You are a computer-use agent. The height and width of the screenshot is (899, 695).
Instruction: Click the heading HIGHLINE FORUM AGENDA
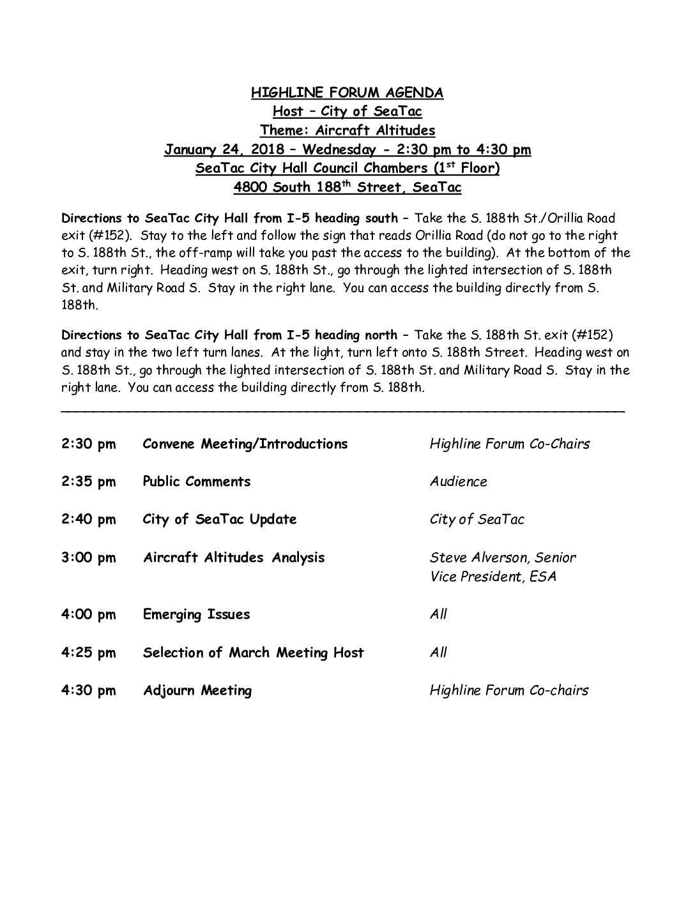(x=347, y=93)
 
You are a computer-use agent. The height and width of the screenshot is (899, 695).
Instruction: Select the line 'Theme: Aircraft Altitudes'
(x=347, y=131)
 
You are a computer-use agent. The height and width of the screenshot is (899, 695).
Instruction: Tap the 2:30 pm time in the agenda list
(x=89, y=444)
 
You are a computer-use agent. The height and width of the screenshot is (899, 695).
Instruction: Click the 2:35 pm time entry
(x=89, y=481)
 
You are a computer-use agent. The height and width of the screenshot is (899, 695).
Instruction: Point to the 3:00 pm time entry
(x=89, y=557)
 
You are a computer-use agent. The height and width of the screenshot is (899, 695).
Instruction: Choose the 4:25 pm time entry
(x=89, y=653)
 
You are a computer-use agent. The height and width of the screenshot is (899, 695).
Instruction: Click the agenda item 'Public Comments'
(x=196, y=481)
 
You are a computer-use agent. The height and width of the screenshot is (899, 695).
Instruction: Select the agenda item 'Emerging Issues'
(x=196, y=614)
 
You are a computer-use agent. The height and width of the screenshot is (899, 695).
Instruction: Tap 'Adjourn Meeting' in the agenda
(x=197, y=690)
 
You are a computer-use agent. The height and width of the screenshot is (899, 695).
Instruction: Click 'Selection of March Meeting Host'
(x=253, y=653)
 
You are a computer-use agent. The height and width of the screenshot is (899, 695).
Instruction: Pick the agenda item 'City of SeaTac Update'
(x=220, y=519)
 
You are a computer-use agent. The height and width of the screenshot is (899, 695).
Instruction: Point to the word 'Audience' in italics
(x=458, y=482)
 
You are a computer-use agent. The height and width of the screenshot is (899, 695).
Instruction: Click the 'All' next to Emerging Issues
(x=438, y=614)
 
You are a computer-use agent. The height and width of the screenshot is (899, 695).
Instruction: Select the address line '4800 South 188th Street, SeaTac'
(x=347, y=188)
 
